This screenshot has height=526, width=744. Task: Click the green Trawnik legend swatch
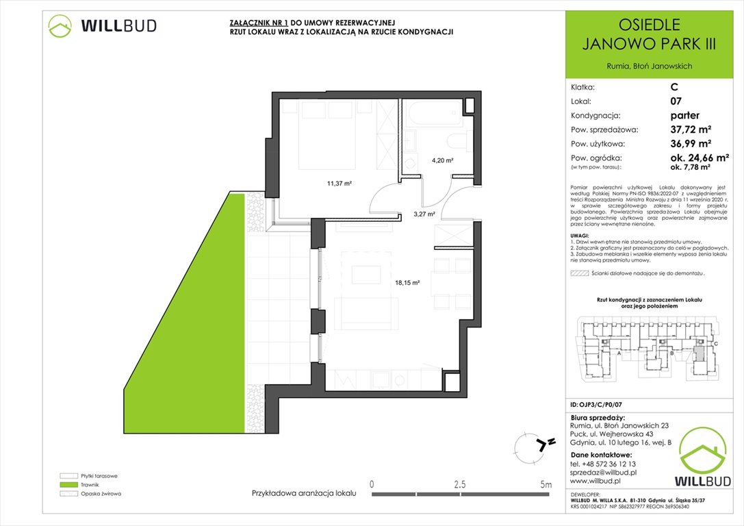click(x=68, y=484)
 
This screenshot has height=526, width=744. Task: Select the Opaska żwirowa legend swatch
click(x=68, y=494)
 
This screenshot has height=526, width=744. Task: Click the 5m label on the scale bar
click(x=546, y=484)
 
